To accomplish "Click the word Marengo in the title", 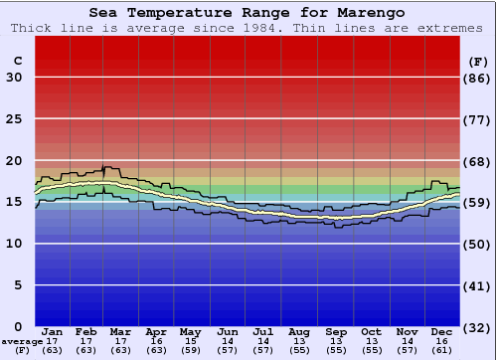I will [367, 13].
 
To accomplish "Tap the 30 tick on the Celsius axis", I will [15, 78].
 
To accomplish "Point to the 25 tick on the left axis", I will [15, 119].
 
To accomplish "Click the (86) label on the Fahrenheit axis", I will [477, 78].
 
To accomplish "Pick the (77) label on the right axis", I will [477, 119].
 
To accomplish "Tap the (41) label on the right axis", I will [477, 285].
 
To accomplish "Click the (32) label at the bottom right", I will [477, 327].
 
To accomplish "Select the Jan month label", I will [53, 331].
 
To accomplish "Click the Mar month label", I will [121, 331].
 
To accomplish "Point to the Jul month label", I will [262, 331].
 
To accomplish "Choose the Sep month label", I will [336, 331].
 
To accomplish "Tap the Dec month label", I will [442, 331].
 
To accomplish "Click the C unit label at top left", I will [17, 62].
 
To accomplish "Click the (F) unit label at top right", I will [477, 62].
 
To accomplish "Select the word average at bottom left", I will [22, 341].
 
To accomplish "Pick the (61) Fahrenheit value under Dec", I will [442, 350].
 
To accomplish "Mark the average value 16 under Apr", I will [156, 341].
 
